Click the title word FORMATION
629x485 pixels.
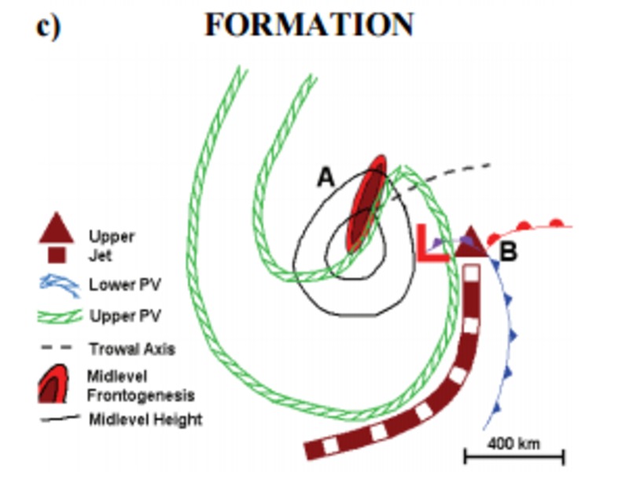click(x=309, y=24)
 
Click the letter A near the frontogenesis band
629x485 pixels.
click(x=326, y=177)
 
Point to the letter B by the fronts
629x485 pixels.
click(x=509, y=252)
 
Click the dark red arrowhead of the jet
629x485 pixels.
click(x=472, y=241)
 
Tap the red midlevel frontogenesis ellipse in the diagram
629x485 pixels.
click(x=366, y=204)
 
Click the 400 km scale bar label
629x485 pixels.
click(x=514, y=443)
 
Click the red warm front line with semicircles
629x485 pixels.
click(x=529, y=230)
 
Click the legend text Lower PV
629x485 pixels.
click(x=125, y=285)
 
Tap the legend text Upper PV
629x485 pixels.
click(x=125, y=316)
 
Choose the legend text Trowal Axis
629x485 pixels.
click(x=132, y=349)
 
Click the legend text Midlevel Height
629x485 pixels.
click(x=145, y=420)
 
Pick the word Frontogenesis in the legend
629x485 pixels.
click(x=141, y=396)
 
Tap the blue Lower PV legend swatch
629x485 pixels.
click(x=60, y=285)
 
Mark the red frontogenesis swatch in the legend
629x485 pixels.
click(x=53, y=384)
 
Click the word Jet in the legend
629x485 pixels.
click(x=100, y=255)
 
